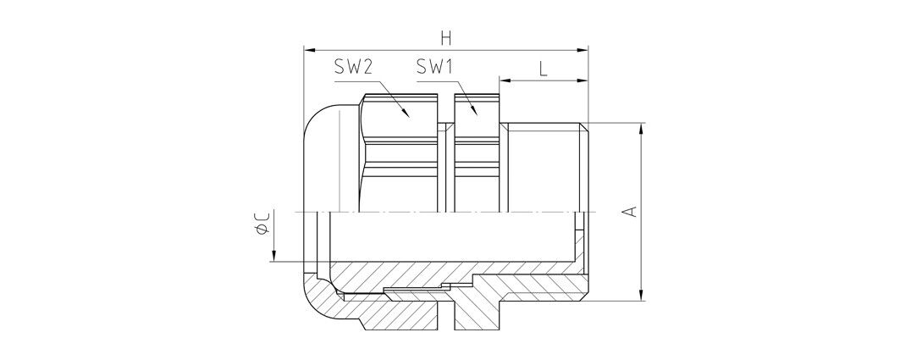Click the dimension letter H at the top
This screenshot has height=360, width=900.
pos(446,38)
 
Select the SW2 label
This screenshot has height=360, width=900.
pos(355,68)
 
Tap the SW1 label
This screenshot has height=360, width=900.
pos(435,68)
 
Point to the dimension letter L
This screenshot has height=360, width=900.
pos(543,69)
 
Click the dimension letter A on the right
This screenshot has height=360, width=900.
pos(630,211)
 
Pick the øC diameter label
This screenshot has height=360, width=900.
pos(262,222)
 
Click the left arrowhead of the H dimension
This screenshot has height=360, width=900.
pos(310,51)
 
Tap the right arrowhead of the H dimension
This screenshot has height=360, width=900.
pos(582,51)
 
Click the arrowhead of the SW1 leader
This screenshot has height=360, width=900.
pos(473,110)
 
